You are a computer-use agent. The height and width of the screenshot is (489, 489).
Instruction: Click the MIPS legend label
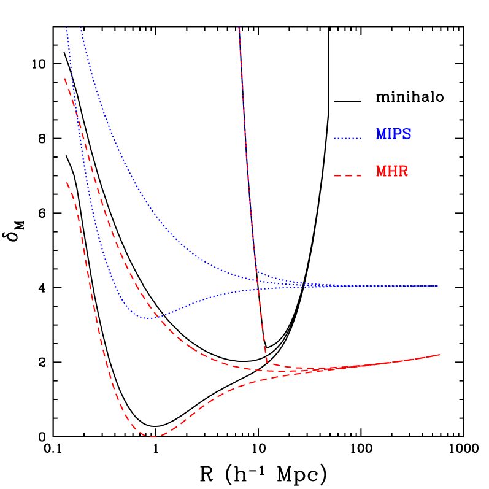(x=393, y=135)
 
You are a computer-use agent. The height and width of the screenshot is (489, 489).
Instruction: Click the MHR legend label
(x=392, y=172)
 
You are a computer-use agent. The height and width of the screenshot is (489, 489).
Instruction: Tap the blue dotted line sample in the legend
(x=347, y=139)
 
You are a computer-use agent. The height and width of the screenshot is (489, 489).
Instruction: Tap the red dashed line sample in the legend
(x=347, y=176)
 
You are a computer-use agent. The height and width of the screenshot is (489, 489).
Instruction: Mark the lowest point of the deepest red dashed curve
(x=151, y=437)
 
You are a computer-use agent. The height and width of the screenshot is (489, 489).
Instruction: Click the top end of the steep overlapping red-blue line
(x=239, y=28)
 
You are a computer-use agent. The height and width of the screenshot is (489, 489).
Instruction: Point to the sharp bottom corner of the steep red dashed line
(x=267, y=363)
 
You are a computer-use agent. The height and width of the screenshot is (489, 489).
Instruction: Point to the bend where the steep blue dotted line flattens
(x=256, y=271)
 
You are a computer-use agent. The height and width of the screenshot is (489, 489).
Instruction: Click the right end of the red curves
(x=439, y=355)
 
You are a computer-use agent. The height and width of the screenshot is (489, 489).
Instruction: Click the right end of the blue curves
(x=437, y=286)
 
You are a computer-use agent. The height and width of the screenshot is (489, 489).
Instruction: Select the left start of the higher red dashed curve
(x=65, y=79)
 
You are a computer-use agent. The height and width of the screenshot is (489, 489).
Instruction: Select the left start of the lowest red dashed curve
(x=66, y=182)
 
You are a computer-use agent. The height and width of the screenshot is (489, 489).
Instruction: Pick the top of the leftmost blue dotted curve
(x=67, y=28)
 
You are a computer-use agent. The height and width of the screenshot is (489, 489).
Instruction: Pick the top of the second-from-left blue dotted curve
(x=80, y=28)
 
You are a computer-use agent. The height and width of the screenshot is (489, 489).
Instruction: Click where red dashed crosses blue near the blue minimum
(x=156, y=317)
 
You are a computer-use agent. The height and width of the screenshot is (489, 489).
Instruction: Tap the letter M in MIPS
(x=382, y=135)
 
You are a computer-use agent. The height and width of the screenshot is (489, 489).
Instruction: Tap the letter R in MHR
(x=403, y=172)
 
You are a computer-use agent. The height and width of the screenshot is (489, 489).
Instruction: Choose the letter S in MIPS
(x=407, y=135)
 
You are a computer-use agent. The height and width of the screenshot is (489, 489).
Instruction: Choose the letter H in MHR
(x=393, y=172)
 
